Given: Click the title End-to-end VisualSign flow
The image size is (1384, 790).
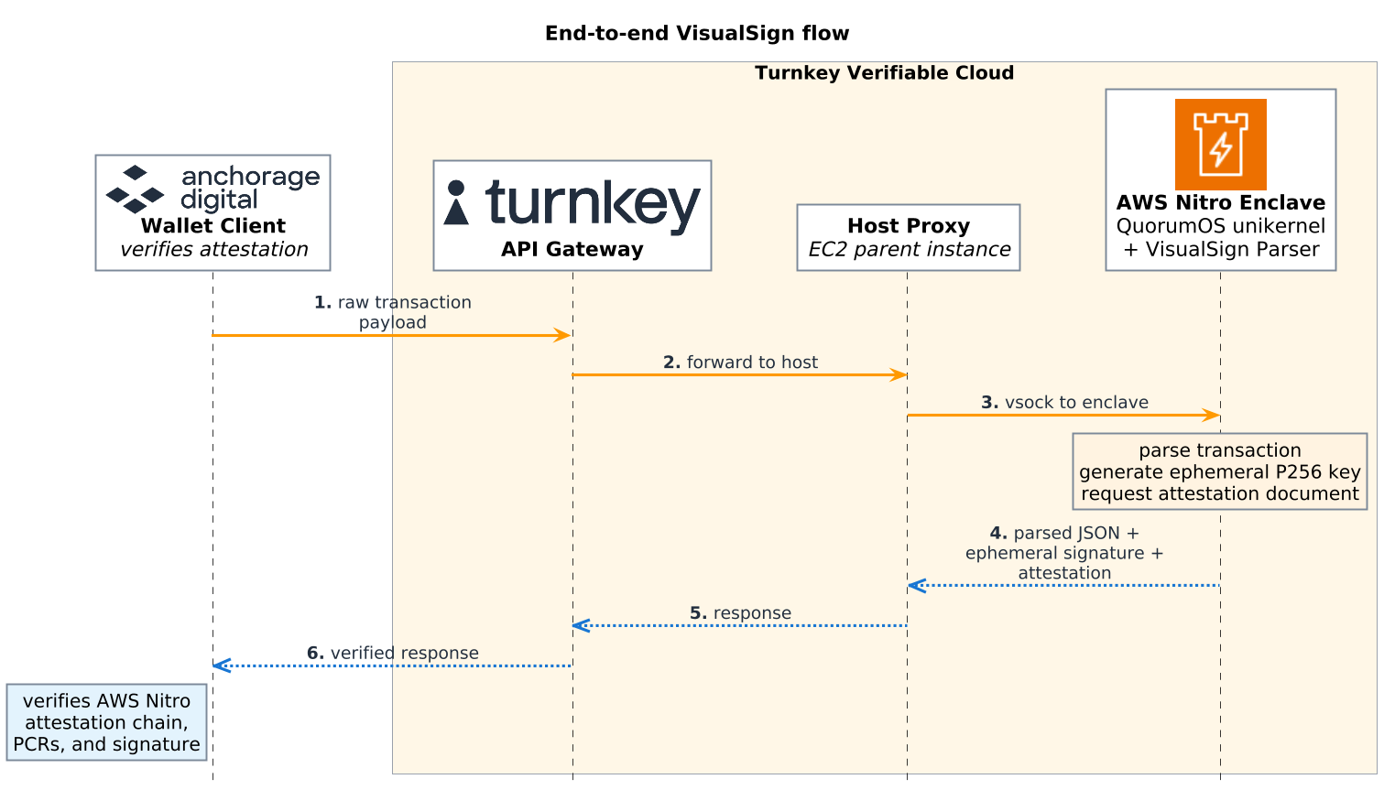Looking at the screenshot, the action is [696, 33].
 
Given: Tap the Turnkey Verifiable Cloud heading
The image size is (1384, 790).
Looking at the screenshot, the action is [884, 73].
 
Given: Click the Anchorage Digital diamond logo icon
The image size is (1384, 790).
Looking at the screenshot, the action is [135, 189].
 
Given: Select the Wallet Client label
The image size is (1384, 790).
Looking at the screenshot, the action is [213, 225].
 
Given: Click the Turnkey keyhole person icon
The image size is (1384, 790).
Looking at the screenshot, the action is [456, 202].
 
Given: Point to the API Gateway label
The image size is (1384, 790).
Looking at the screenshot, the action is [572, 249].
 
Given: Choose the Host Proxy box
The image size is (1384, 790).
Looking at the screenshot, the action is [909, 237].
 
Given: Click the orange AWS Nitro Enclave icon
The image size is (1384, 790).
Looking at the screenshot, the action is [1220, 145].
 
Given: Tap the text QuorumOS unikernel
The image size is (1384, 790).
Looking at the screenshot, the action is [1220, 226].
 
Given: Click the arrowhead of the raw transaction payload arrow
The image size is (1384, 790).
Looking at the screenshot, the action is [563, 335].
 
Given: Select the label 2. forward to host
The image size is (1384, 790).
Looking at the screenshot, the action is [740, 362].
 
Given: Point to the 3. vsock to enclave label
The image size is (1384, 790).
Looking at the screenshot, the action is [1064, 402].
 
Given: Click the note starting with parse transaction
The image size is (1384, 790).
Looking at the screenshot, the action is [1220, 471].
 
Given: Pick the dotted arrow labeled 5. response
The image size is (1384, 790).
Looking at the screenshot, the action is [739, 626].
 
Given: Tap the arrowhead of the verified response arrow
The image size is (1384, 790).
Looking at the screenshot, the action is [221, 666].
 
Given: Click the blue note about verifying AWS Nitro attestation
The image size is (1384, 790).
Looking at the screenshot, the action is [106, 722].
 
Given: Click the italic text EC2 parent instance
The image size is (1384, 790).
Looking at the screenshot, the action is [909, 250].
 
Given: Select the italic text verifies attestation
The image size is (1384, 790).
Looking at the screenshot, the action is [213, 250].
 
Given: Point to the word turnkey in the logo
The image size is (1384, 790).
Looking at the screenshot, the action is [593, 206].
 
